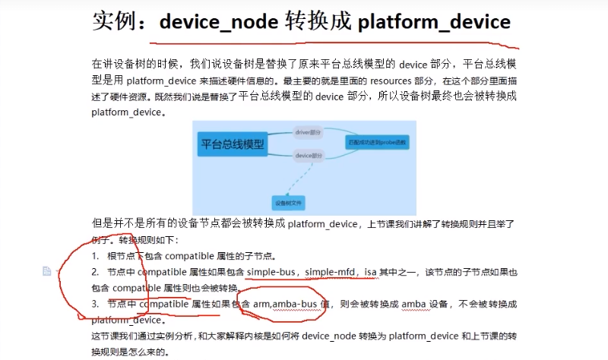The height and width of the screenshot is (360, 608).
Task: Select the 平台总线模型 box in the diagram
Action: (233, 142)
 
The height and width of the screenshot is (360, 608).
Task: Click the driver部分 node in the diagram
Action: (309, 132)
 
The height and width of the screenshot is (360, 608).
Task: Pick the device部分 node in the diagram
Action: (309, 156)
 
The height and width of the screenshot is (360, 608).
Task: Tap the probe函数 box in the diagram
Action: (377, 142)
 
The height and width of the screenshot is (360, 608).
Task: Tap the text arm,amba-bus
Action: (286, 304)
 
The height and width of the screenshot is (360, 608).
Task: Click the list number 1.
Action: (94, 256)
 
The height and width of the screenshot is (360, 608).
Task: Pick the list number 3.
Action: (94, 304)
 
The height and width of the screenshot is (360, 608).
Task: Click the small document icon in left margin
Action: (47, 271)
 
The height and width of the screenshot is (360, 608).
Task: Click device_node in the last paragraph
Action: (328, 336)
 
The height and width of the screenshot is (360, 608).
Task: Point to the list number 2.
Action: (94, 272)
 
